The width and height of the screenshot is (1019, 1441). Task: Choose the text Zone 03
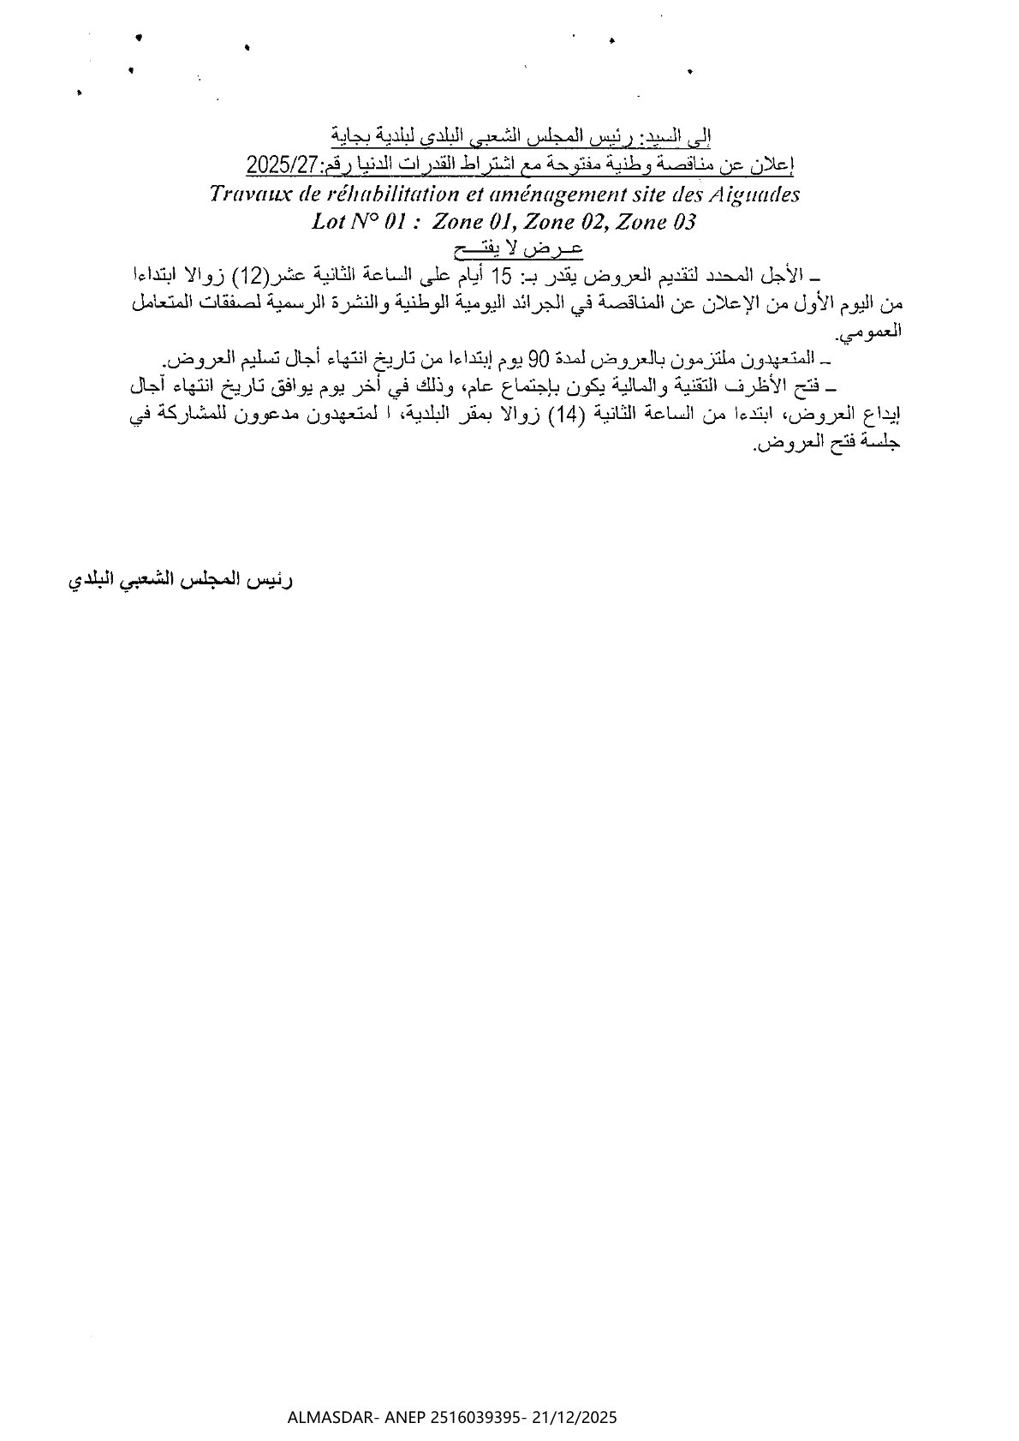[x=656, y=223]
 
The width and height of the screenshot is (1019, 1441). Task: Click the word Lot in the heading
[x=330, y=223]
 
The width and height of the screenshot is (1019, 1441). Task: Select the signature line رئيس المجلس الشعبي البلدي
[x=181, y=581]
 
